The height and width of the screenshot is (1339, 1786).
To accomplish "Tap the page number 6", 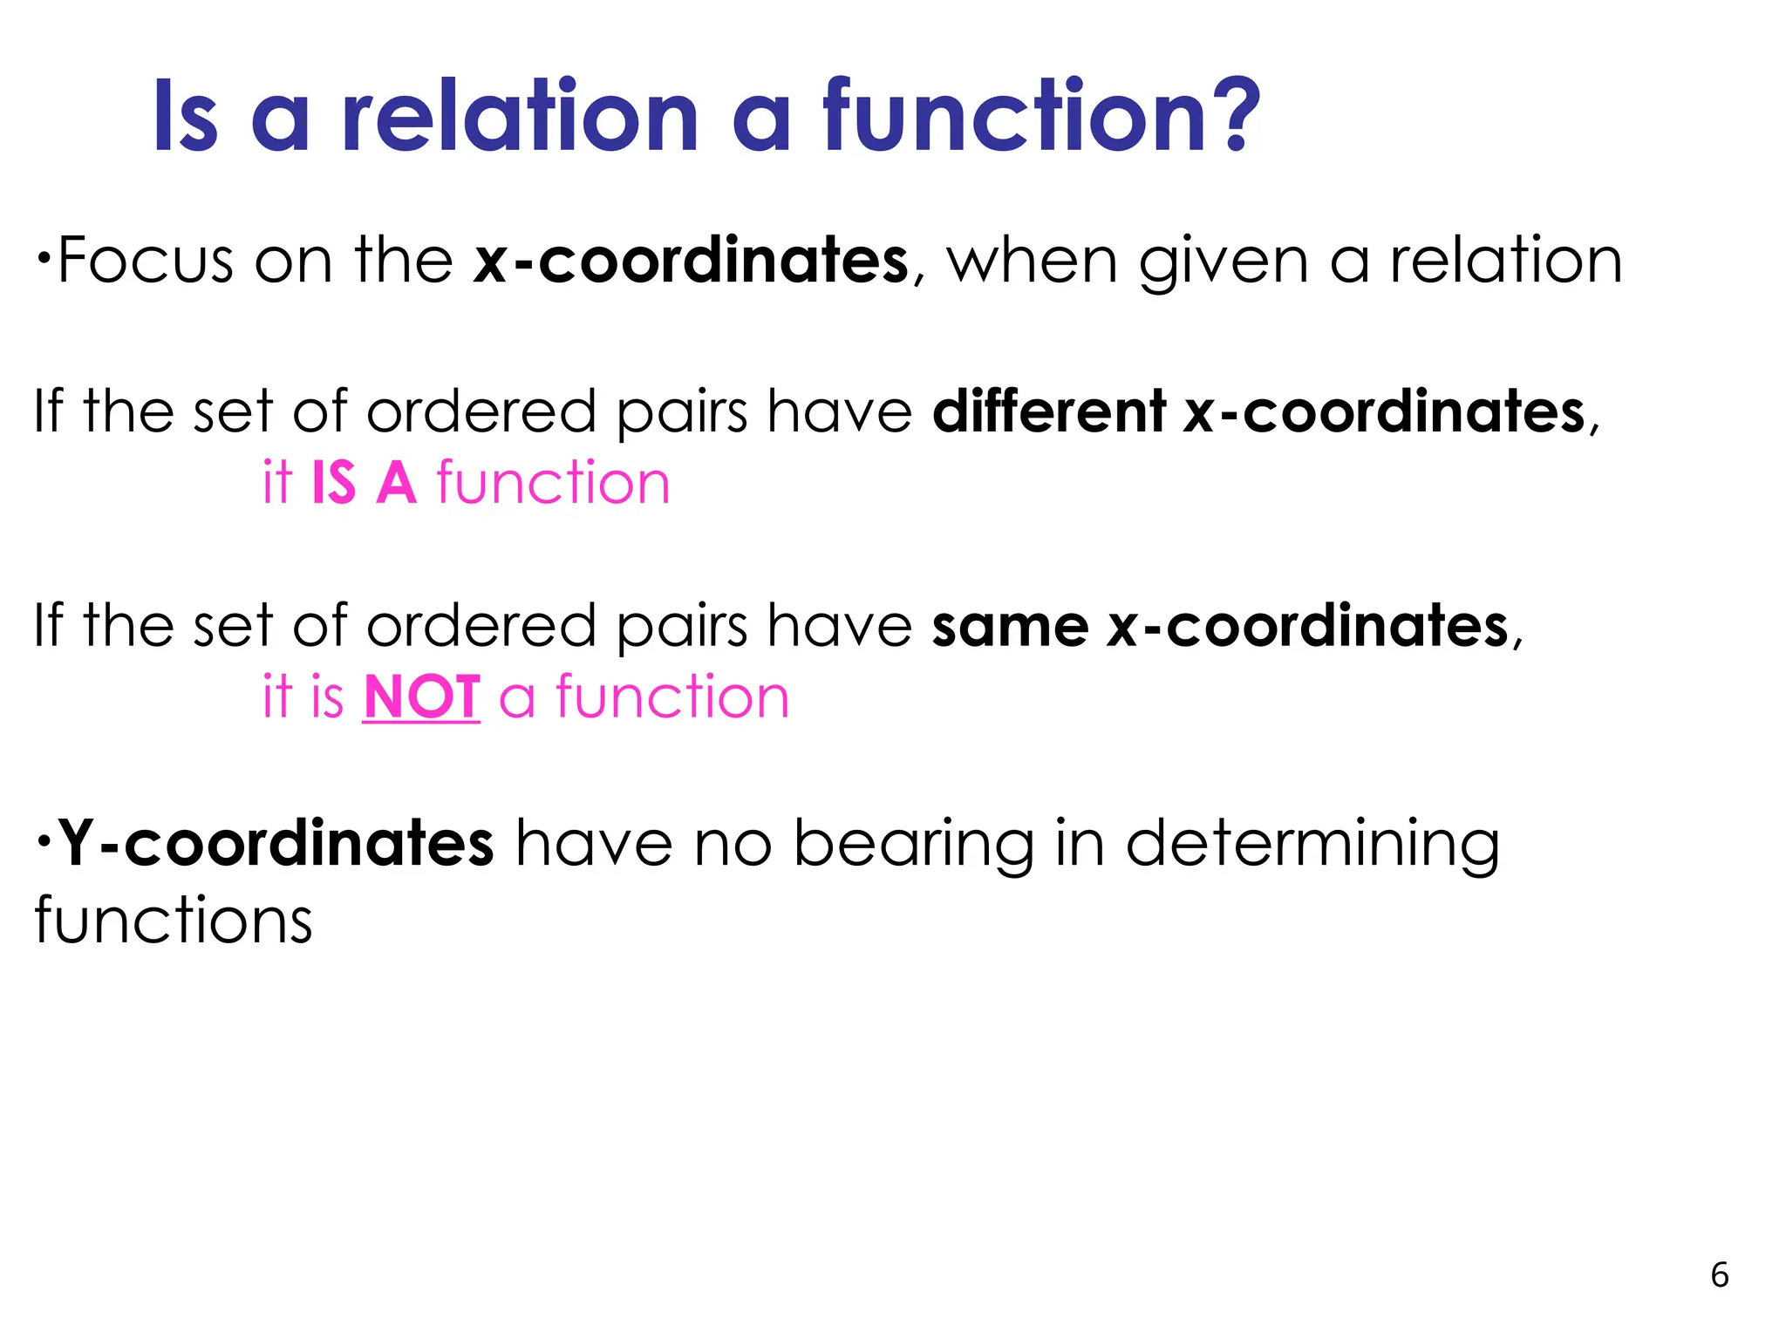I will click(1719, 1275).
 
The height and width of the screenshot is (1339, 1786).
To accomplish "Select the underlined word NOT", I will click(421, 697).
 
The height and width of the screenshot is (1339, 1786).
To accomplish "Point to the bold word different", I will click(1048, 411).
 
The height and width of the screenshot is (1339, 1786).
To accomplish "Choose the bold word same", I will click(1010, 627).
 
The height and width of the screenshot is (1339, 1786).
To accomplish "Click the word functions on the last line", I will click(174, 921).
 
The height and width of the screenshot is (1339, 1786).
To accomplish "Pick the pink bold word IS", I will click(333, 483).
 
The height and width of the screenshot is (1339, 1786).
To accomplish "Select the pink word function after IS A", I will click(553, 483).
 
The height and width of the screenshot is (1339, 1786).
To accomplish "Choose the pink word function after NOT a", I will click(672, 697).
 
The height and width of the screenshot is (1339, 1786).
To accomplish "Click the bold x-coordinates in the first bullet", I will click(691, 261).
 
